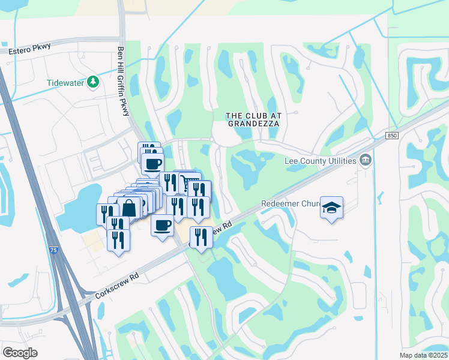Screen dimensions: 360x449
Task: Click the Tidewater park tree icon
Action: pos(93,82)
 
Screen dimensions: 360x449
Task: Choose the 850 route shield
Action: pos(392,136)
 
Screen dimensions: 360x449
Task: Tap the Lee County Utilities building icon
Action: pos(365,160)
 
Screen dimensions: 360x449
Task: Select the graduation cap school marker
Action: pos(331,208)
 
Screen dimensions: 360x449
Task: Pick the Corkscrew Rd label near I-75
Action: pos(118,286)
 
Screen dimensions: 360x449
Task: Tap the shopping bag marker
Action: pos(129,208)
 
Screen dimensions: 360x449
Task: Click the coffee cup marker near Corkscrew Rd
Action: pos(162,225)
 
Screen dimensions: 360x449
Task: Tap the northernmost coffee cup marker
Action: pos(152,163)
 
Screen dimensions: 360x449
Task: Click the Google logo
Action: pos(20,353)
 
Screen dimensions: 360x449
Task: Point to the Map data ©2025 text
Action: pos(423,355)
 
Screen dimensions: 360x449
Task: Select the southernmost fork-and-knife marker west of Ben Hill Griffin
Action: pos(118,239)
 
